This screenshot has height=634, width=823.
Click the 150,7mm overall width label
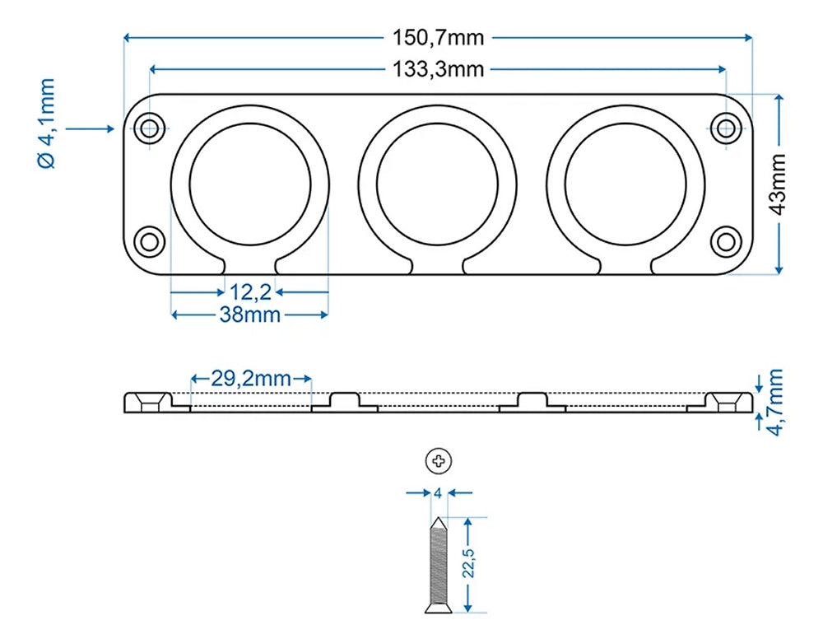[438, 37]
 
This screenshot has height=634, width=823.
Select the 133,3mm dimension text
[438, 69]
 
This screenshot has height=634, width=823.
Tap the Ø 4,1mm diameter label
[47, 124]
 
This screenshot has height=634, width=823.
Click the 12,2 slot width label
[250, 291]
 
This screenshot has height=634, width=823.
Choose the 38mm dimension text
[250, 315]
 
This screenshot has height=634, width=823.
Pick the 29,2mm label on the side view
[251, 379]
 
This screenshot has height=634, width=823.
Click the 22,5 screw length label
[470, 560]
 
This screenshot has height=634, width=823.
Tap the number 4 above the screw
[439, 493]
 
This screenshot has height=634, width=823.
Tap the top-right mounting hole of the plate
[726, 128]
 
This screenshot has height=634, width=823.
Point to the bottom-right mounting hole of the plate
[726, 241]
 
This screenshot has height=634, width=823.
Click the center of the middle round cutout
[438, 184]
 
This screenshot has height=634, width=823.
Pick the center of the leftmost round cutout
[250, 184]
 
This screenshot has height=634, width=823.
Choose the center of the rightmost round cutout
[625, 184]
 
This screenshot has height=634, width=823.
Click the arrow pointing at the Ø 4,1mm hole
[91, 128]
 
